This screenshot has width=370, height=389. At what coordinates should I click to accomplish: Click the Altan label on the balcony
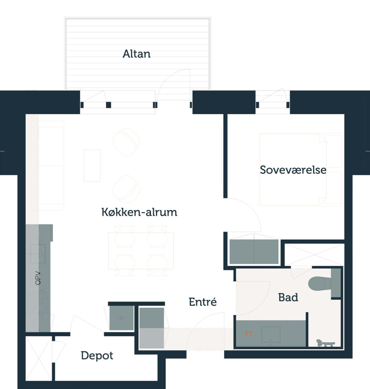pos(136,54)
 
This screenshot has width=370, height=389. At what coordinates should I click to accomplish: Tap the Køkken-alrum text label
pos(139,212)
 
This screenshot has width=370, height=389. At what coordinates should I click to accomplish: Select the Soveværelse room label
pos(293,170)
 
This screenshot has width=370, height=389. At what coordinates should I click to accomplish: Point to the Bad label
pos(288,297)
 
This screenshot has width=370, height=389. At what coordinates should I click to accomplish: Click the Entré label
pos(203,302)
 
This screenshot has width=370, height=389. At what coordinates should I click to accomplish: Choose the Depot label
pos(97,356)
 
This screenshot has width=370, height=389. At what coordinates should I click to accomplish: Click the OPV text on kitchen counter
pos(38,278)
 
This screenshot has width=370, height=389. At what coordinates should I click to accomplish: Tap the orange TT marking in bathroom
pos(248,334)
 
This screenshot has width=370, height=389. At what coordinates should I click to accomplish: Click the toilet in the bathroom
pos(320,283)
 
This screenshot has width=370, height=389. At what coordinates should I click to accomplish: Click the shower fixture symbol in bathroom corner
pos(325,343)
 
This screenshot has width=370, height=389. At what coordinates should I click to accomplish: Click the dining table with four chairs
pos(141,251)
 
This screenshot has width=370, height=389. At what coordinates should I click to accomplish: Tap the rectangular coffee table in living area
pos(92,166)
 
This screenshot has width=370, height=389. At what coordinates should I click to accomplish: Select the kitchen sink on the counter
pos(38,254)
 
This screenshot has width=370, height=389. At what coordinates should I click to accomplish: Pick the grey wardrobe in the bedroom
pos(254,251)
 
